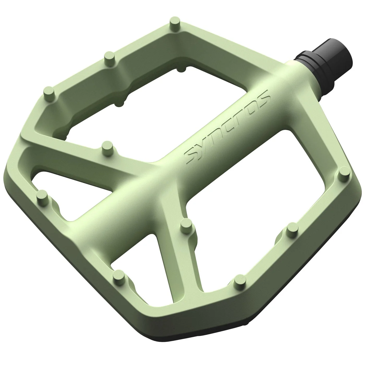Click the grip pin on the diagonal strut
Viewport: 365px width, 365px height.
pos(107,148)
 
